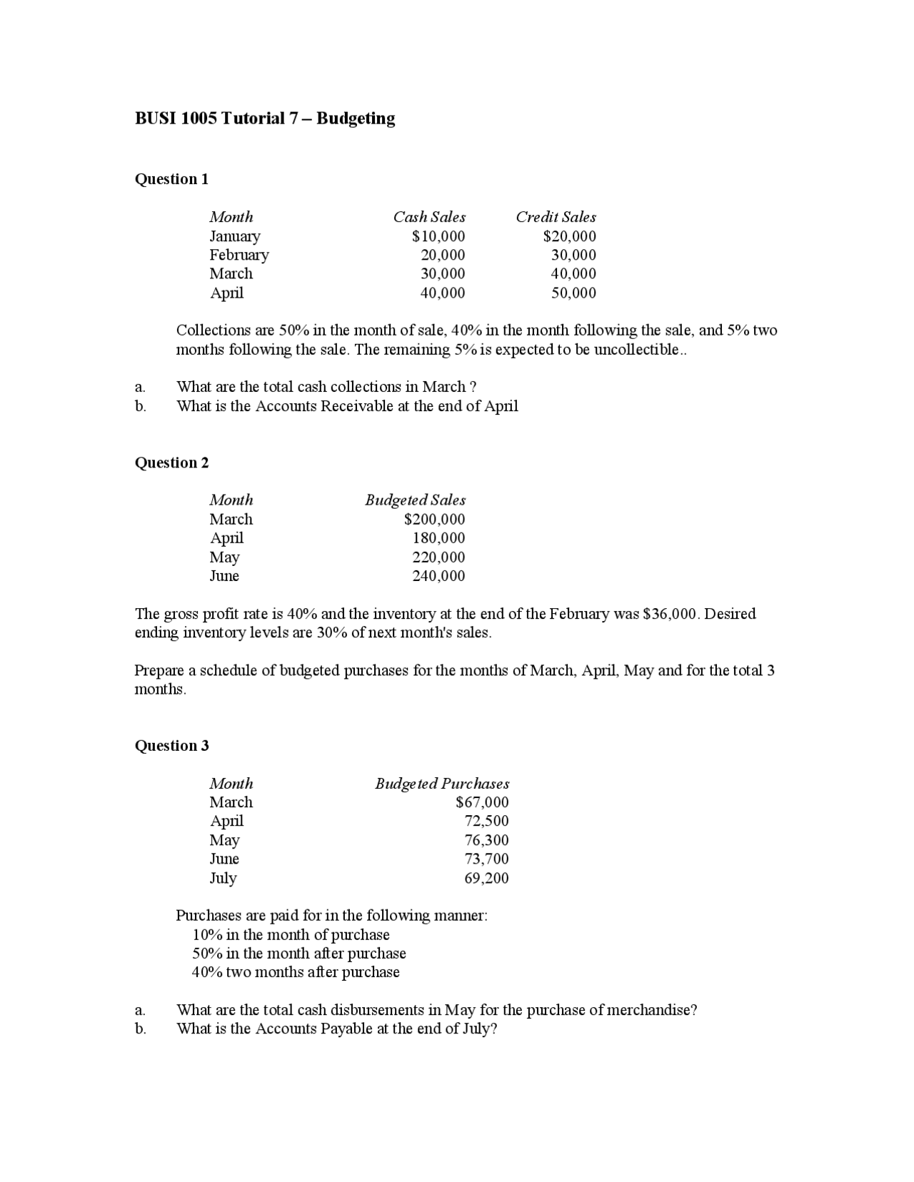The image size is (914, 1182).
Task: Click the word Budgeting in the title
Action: pyautogui.click(x=356, y=118)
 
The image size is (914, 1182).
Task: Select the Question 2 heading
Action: pyautogui.click(x=171, y=463)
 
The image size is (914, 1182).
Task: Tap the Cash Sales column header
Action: pyautogui.click(x=429, y=217)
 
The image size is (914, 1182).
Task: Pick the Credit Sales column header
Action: pyautogui.click(x=556, y=217)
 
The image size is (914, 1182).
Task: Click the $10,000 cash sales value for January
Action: pyautogui.click(x=438, y=236)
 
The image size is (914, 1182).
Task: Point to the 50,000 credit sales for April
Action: pyautogui.click(x=573, y=293)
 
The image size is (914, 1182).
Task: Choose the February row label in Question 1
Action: pyautogui.click(x=239, y=255)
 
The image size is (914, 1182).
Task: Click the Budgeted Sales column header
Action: pyautogui.click(x=415, y=500)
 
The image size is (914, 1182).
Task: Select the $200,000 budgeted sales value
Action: pyautogui.click(x=434, y=520)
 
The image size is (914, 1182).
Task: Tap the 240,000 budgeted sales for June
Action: pyautogui.click(x=438, y=576)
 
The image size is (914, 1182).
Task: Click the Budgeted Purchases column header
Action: pyautogui.click(x=442, y=784)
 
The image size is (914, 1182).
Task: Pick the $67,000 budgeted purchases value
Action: pyautogui.click(x=482, y=802)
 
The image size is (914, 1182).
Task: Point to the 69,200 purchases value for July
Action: pyautogui.click(x=486, y=878)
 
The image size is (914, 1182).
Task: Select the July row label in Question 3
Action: pyautogui.click(x=223, y=878)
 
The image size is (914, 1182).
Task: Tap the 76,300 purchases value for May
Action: pyautogui.click(x=486, y=840)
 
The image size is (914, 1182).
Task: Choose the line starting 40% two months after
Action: pyautogui.click(x=296, y=972)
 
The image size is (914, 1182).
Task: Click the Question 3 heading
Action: pyautogui.click(x=171, y=746)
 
